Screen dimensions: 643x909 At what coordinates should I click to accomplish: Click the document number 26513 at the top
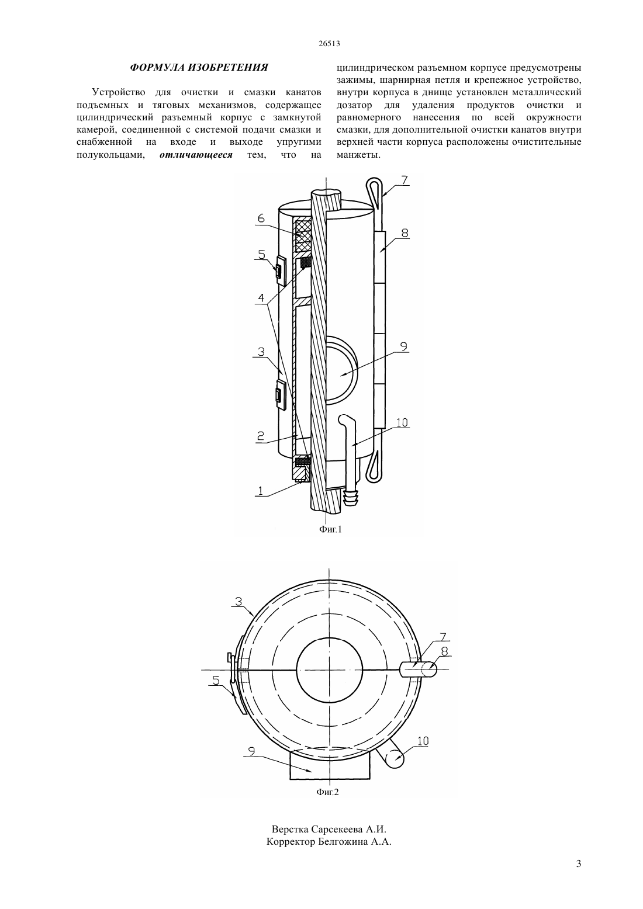pos(329,44)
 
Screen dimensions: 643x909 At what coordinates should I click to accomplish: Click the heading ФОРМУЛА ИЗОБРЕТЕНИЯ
pos(199,67)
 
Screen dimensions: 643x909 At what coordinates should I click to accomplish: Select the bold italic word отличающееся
pos(196,155)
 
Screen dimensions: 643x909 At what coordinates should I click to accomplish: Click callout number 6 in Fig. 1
pos(261,218)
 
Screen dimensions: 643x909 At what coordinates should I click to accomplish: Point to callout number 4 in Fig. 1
pos(261,299)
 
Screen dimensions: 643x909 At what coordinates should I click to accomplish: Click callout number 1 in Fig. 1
pos(261,491)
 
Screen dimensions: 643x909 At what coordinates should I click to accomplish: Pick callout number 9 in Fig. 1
pos(403,346)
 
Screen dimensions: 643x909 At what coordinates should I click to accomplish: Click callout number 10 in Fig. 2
pos(423,741)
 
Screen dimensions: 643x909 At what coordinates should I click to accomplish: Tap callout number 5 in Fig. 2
pos(216,680)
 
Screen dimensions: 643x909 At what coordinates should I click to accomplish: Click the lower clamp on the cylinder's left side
pos(280,394)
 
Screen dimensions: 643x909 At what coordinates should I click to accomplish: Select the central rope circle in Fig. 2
pos(329,669)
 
